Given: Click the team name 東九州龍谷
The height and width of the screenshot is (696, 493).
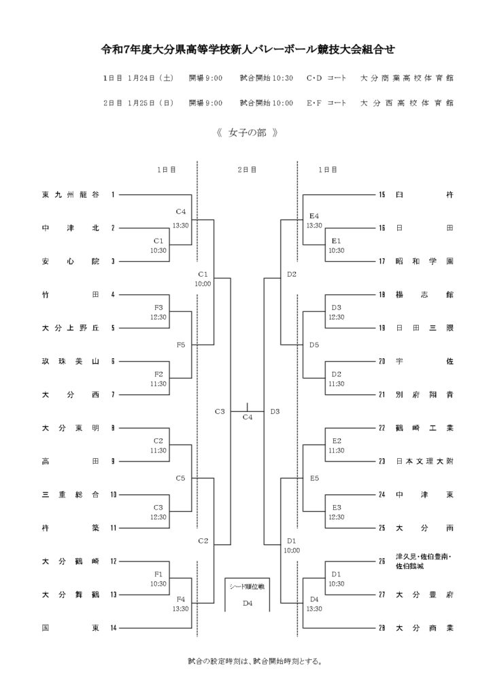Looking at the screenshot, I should click(71, 195).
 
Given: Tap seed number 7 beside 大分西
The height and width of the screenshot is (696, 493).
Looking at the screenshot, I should click(113, 394).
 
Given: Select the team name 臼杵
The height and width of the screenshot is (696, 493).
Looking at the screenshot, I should click(425, 195).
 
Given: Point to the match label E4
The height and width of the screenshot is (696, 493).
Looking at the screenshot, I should click(314, 216).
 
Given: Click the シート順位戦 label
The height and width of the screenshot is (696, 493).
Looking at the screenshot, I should click(248, 585).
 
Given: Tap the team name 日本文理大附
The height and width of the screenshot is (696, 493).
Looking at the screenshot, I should click(425, 461).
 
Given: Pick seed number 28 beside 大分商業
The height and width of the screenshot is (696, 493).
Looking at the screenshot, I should click(381, 627).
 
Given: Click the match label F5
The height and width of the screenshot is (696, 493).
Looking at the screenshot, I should click(181, 345).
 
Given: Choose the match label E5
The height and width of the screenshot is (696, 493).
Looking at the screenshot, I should click(314, 478).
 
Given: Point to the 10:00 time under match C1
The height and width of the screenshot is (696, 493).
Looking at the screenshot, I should click(202, 283).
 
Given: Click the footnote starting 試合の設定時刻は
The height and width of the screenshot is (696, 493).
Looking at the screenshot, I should click(246, 660).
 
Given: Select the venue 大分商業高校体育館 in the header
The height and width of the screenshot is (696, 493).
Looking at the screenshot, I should click(407, 78).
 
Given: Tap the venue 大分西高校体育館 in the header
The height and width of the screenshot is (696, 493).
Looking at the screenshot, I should click(407, 103).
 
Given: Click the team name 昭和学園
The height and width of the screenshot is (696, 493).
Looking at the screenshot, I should click(425, 261).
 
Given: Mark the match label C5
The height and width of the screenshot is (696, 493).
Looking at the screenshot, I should click(181, 478).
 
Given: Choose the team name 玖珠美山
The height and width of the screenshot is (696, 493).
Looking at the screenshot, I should click(71, 361).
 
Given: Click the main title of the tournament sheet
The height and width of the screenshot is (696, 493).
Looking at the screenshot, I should click(246, 50).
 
